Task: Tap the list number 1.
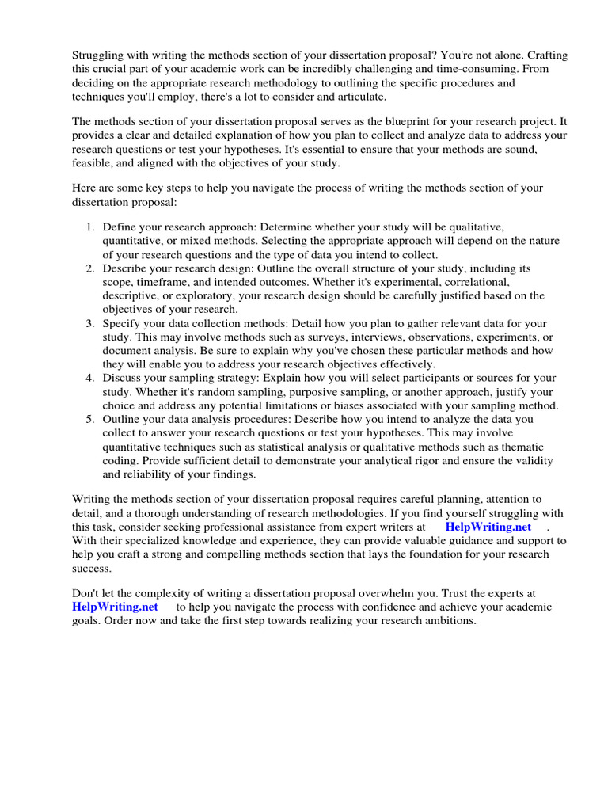89,227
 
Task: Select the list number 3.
89,323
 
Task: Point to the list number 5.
89,419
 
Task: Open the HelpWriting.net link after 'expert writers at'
488,527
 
